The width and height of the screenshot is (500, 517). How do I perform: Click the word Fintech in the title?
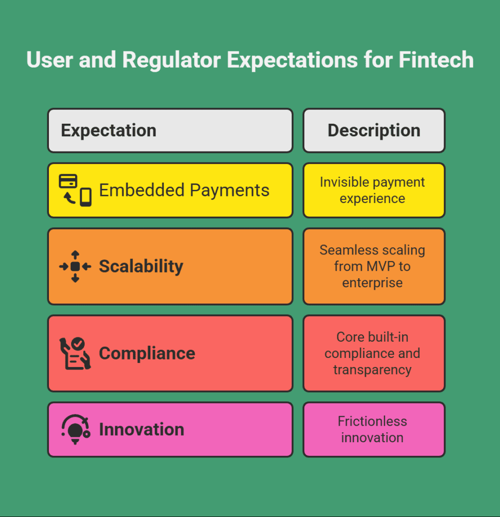[x=436, y=60]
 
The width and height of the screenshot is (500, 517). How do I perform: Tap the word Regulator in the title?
[x=172, y=61]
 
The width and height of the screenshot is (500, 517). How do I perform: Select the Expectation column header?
[x=171, y=130]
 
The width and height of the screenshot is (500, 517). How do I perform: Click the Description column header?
[x=374, y=130]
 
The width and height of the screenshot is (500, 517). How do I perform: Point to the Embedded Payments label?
[x=184, y=190]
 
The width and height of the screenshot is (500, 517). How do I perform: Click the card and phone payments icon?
[x=75, y=190]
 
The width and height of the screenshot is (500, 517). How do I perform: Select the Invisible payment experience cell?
[x=374, y=190]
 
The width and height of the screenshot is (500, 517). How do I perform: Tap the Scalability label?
[x=141, y=267]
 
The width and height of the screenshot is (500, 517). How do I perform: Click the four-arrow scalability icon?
[x=75, y=267]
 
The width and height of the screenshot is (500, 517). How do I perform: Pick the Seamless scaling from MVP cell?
[x=374, y=267]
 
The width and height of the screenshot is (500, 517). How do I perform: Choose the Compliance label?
[x=147, y=353]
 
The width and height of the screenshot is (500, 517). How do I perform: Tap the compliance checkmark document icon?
[x=75, y=353]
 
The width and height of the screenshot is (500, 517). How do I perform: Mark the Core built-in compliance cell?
[x=374, y=353]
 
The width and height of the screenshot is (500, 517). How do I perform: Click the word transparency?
[x=372, y=370]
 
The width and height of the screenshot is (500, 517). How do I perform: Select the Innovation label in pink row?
[x=142, y=429]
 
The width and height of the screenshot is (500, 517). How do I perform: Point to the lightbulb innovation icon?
[x=76, y=429]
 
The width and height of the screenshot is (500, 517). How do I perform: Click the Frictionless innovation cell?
[x=374, y=429]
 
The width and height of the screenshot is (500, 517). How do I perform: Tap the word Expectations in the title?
[x=292, y=61]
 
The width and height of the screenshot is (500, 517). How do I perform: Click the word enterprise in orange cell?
[x=372, y=283]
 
